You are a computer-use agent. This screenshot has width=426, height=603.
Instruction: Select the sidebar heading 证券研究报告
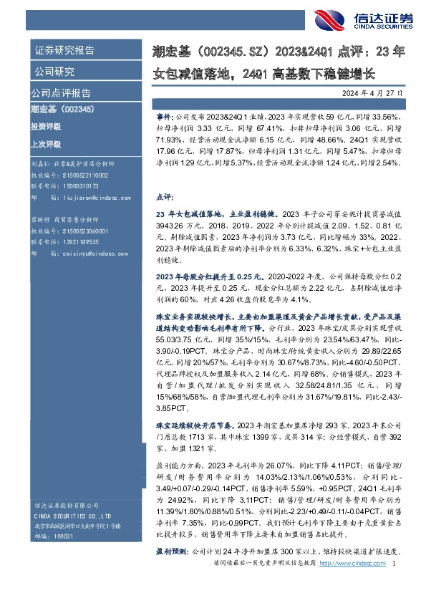(64, 51)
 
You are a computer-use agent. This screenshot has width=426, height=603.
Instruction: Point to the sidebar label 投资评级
(46, 126)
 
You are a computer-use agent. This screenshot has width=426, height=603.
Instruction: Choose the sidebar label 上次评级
(46, 142)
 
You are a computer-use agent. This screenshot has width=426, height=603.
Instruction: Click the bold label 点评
(164, 196)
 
